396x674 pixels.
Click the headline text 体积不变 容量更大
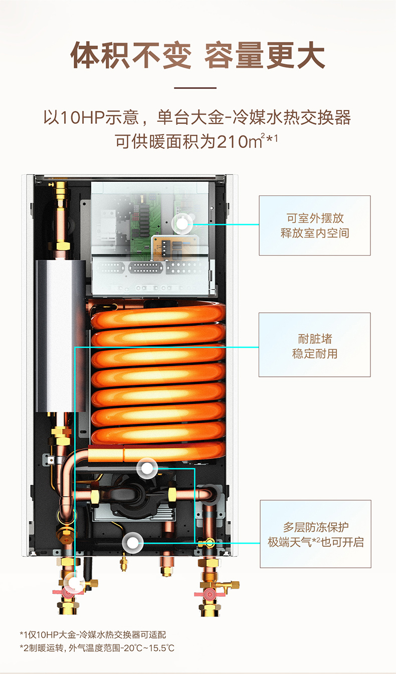[x=197, y=56]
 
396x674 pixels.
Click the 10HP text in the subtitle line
[x=82, y=117]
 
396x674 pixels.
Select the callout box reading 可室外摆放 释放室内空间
[x=315, y=226]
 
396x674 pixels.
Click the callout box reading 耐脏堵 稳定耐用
[x=314, y=345]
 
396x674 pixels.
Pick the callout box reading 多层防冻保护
[x=315, y=534]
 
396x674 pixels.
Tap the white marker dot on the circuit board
[x=182, y=224]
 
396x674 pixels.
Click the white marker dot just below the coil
[x=147, y=468]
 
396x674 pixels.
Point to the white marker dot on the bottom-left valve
[x=73, y=582]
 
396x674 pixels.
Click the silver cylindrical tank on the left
[x=61, y=336]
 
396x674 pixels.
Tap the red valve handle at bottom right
[x=209, y=594]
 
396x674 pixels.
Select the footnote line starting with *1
[x=93, y=634]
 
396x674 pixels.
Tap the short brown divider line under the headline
[x=195, y=88]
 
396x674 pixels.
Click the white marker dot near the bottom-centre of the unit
[x=132, y=543]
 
